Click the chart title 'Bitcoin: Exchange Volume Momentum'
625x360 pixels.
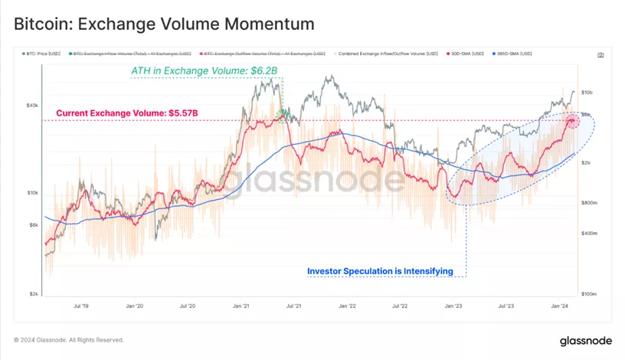pos(164,24)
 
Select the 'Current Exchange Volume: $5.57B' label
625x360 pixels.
pos(127,113)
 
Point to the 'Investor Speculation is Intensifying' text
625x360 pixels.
pos(380,271)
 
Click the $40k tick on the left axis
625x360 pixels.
pos(33,106)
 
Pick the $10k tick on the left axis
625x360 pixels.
pos(33,193)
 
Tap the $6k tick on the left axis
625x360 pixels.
pos(34,224)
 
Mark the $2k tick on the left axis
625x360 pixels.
pos(34,294)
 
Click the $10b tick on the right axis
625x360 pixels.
pos(587,93)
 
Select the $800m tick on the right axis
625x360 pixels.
pos(589,203)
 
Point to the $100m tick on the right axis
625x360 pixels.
pos(589,294)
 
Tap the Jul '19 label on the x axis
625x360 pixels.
pos(80,306)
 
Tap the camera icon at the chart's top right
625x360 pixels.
pos(600,55)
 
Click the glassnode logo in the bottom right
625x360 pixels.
pos(584,340)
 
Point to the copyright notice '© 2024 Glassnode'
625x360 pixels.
pos(68,340)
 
